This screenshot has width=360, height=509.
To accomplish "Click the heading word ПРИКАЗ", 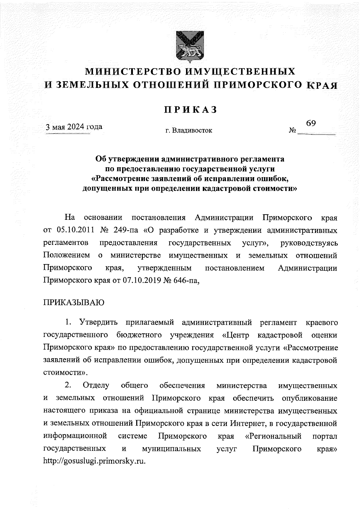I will (x=190, y=110).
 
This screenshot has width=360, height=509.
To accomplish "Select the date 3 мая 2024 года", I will (x=74, y=127).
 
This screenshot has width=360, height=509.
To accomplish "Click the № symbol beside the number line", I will (x=292, y=131).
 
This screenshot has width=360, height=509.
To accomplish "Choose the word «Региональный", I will (x=273, y=436).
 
